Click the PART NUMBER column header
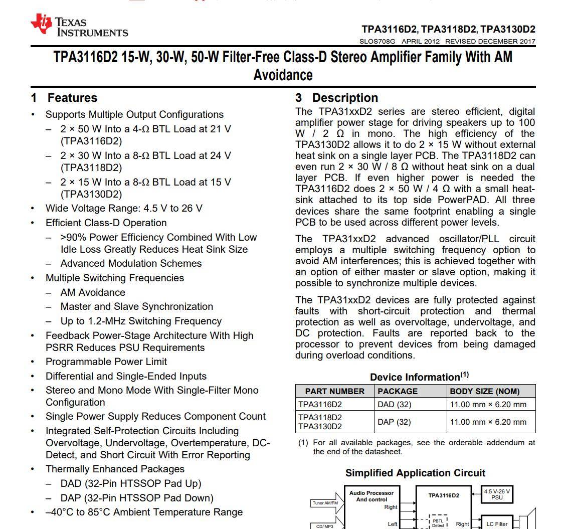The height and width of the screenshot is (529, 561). click(x=334, y=391)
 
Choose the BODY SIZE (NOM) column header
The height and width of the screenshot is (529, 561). click(x=484, y=391)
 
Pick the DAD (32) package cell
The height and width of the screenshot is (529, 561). click(x=394, y=405)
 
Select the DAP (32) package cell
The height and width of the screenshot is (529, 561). click(x=394, y=422)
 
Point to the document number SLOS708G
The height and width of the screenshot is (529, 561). click(x=378, y=42)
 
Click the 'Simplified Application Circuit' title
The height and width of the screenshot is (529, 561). click(x=415, y=473)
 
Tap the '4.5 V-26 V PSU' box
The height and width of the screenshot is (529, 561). click(x=497, y=494)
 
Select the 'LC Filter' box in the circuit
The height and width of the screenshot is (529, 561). click(x=497, y=524)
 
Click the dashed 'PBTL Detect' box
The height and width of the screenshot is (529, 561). click(x=438, y=522)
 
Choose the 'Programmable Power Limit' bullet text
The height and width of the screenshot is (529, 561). click(x=106, y=362)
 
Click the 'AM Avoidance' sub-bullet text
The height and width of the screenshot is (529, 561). click(x=93, y=292)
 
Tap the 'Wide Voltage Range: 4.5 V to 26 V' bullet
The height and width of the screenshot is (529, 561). click(x=124, y=208)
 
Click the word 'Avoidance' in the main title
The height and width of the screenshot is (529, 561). click(x=283, y=75)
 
